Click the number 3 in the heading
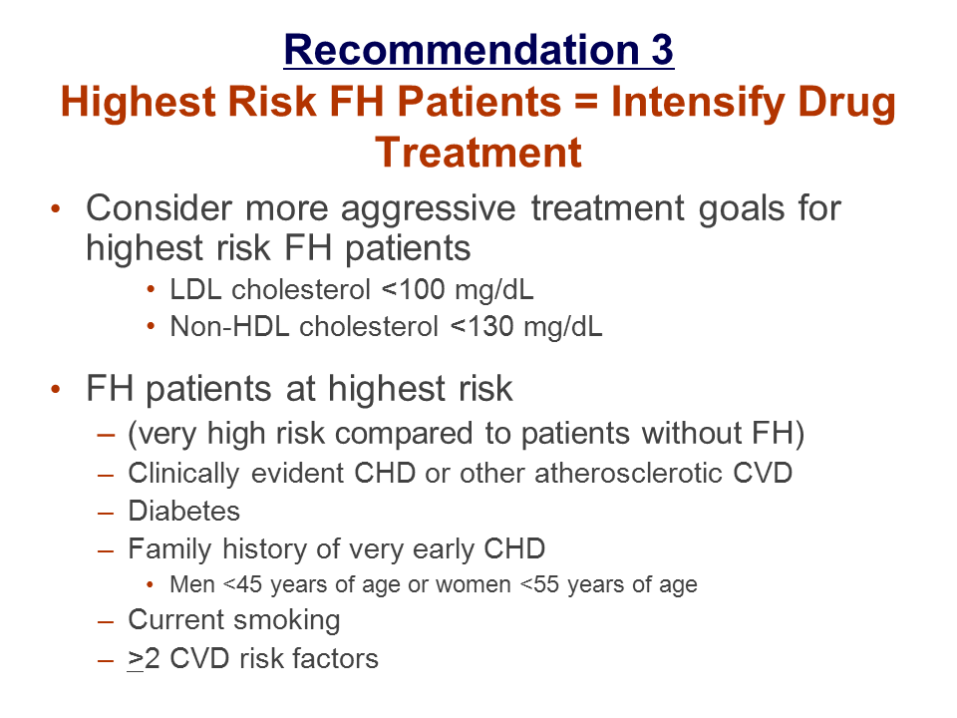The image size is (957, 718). coord(662,49)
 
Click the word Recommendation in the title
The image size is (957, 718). coord(462,49)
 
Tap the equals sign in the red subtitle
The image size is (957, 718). coord(586,102)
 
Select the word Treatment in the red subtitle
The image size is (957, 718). coord(478,152)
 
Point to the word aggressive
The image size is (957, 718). coord(429,210)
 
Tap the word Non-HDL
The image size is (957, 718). coord(229,327)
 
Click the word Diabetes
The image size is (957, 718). coord(184,511)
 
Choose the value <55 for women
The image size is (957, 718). coord(539,584)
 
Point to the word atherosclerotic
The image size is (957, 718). coord(628,473)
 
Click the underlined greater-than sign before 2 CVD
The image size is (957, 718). coord(135,659)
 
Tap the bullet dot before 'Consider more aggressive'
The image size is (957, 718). coord(56,208)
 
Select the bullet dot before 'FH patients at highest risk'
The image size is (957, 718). coord(56,390)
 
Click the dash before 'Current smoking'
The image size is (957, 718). coord(106,621)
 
